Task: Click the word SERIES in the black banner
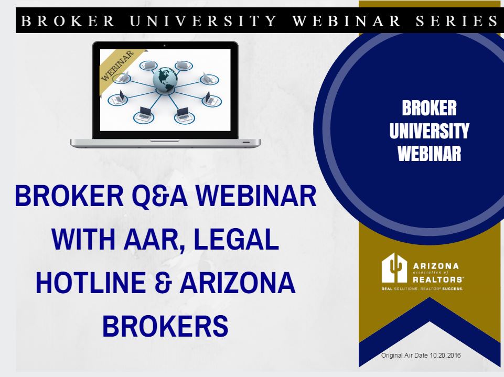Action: [456, 20]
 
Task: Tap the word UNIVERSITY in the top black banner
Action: [203, 20]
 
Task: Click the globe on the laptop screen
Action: [165, 79]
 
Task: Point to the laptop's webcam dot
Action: [165, 46]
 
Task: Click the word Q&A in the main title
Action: [160, 196]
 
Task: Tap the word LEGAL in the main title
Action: [236, 239]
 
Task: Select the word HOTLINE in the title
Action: [91, 283]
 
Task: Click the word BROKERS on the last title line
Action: [165, 326]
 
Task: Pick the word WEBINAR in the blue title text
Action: [256, 196]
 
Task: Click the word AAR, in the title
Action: [153, 240]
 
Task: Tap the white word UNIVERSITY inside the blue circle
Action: [429, 131]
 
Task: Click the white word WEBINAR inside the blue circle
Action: [429, 153]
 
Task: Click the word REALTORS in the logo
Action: [438, 279]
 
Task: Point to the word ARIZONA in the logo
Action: [436, 266]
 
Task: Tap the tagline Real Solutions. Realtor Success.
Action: [422, 288]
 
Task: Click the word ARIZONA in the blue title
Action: [238, 283]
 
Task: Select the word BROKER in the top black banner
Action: [68, 20]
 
